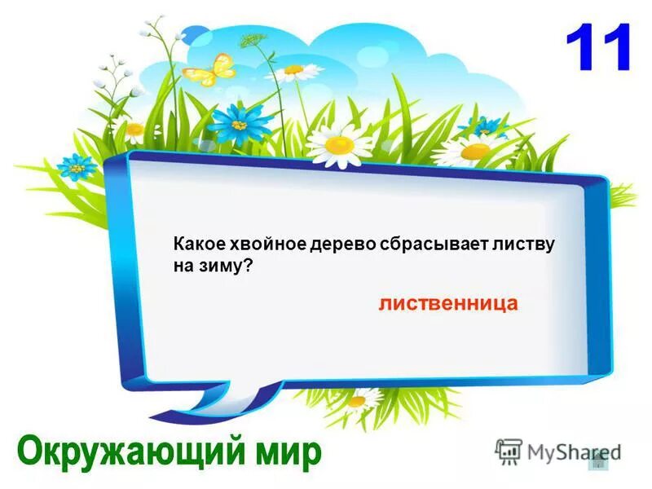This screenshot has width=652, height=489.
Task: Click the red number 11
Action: click(x=598, y=48)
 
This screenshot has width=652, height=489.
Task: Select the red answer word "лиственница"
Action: click(x=447, y=303)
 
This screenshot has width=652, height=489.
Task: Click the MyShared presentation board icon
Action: click(x=508, y=452)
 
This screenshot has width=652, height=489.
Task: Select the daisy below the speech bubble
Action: click(x=356, y=400)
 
